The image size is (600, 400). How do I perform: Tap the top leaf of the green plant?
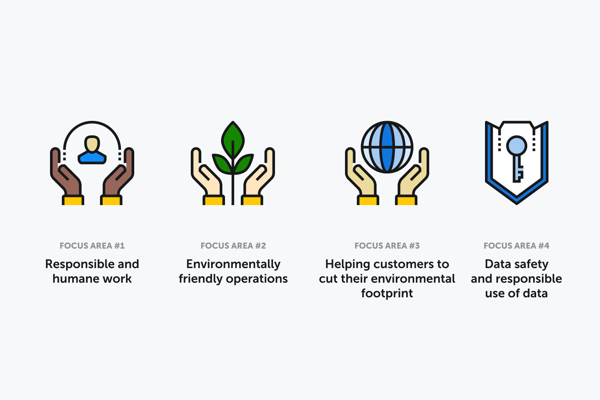(x=233, y=139)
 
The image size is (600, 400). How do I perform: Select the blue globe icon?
(x=387, y=147)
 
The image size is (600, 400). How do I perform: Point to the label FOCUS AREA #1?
(x=92, y=246)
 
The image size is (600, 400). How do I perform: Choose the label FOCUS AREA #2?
(x=233, y=246)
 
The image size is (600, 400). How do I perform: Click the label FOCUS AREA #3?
(x=387, y=246)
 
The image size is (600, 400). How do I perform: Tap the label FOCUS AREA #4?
(x=517, y=246)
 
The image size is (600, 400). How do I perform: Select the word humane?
(x=76, y=278)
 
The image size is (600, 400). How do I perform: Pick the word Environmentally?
(x=233, y=265)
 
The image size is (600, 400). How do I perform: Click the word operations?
(x=257, y=279)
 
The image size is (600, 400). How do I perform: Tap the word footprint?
(x=387, y=293)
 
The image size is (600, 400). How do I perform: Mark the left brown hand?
(x=65, y=172)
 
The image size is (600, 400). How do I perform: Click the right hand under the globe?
(x=413, y=172)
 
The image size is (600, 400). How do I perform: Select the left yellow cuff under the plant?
(x=213, y=200)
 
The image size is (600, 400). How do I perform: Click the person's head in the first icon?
(x=92, y=144)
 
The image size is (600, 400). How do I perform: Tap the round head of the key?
(x=517, y=146)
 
